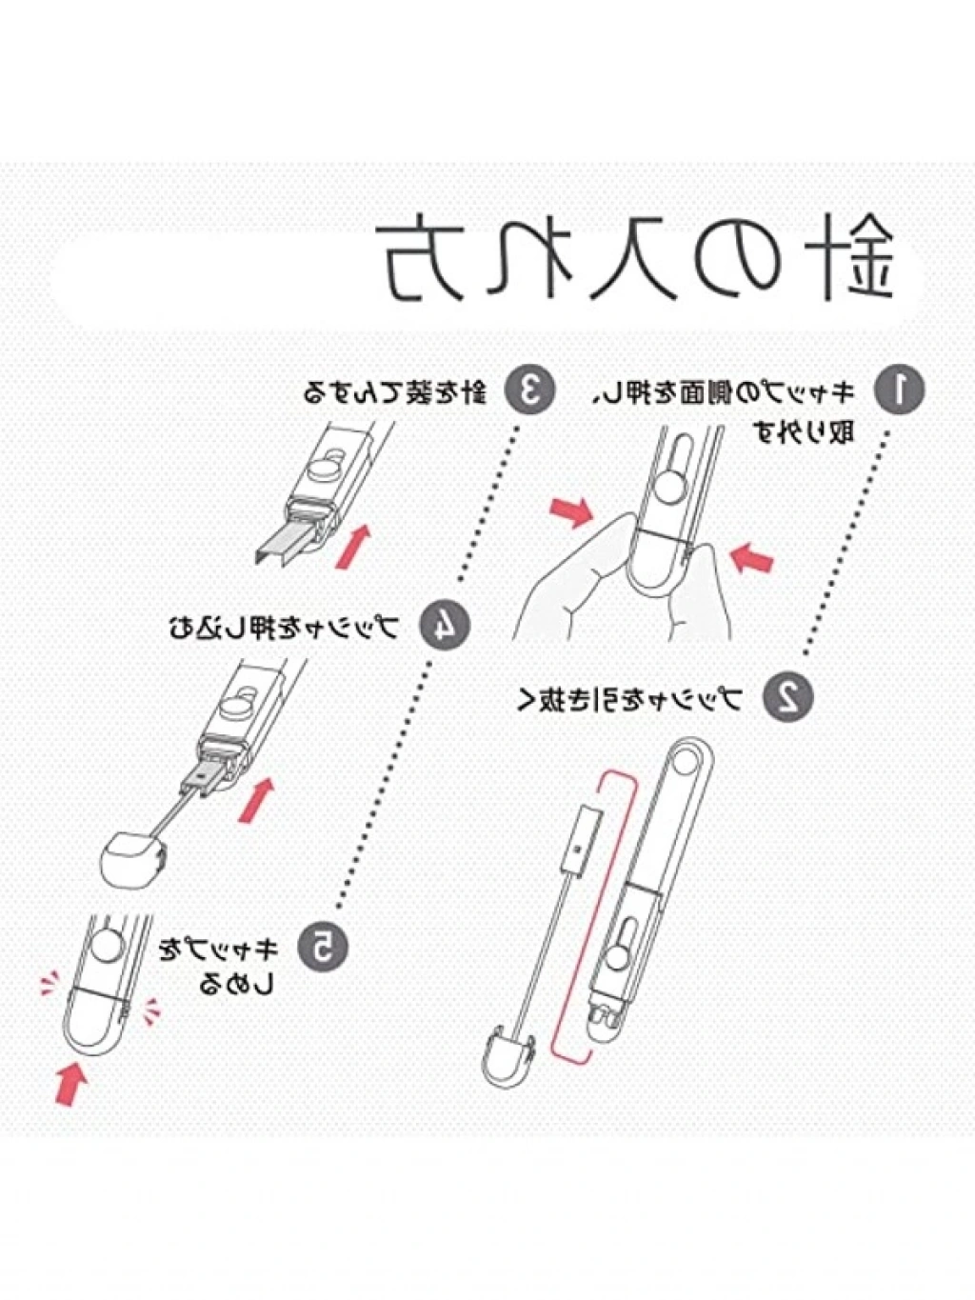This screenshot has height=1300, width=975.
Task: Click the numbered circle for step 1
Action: (x=898, y=390)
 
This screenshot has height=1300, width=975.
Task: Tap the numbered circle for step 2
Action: (x=788, y=696)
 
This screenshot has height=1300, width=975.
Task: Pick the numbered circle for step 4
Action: (x=443, y=626)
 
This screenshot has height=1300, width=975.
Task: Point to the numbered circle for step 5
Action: (x=321, y=946)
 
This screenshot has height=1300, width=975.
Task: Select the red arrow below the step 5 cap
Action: (x=70, y=1083)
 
